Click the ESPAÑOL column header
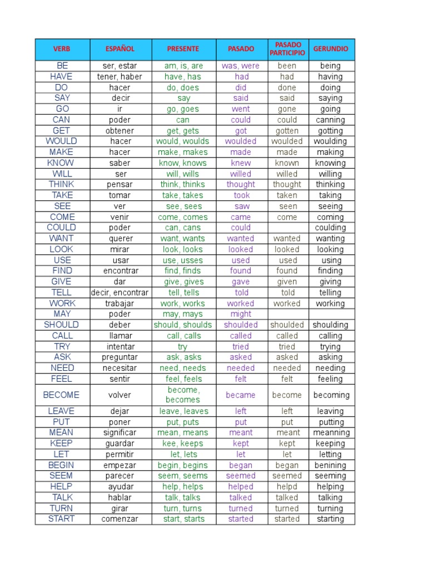[120, 49]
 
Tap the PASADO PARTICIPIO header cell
[287, 49]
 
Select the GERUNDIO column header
[331, 49]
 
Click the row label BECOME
[61, 395]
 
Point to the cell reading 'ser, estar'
[120, 66]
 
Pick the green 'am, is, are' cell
[183, 66]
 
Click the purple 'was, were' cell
[241, 66]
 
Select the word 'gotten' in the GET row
[287, 131]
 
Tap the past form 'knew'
[241, 163]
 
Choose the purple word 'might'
[241, 314]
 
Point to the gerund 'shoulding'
[331, 325]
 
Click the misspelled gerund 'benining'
[331, 465]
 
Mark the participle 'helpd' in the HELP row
[287, 487]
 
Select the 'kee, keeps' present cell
[183, 444]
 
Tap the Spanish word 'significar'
[120, 433]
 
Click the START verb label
[61, 519]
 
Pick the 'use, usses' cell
[183, 260]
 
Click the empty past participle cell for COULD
[287, 228]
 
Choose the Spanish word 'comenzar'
[120, 519]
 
